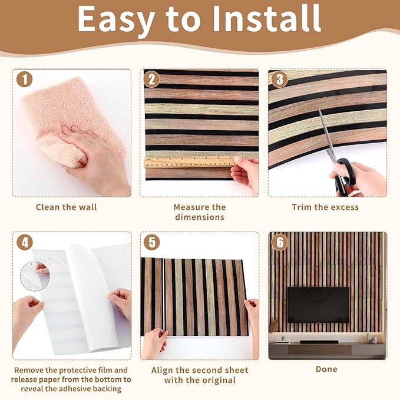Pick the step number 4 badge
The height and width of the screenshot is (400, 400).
pyautogui.click(x=24, y=243)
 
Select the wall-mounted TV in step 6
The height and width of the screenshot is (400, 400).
pyautogui.click(x=318, y=304)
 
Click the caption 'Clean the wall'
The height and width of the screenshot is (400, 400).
pyautogui.click(x=67, y=207)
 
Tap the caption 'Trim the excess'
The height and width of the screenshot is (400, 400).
pyautogui.click(x=325, y=207)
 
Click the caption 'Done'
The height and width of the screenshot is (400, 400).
pyautogui.click(x=326, y=369)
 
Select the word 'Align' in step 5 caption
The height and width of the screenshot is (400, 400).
pyautogui.click(x=164, y=371)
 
